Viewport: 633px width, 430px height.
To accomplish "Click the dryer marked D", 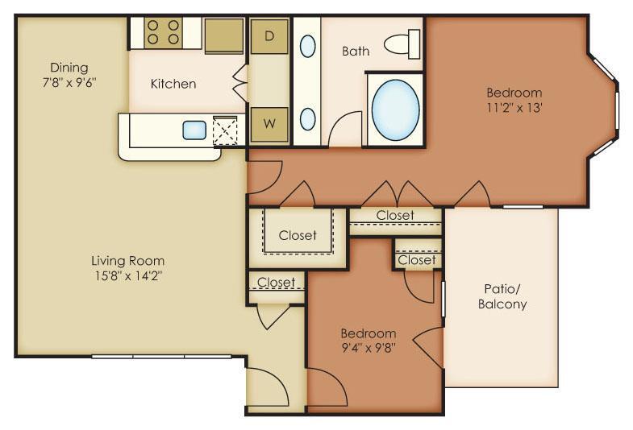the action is tap(269, 36).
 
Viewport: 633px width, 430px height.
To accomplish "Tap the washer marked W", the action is tap(269, 123).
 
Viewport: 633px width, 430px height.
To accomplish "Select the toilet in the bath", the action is tap(402, 44).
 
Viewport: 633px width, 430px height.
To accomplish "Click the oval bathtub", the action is tap(396, 110).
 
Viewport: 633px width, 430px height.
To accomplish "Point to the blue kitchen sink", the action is tap(194, 130).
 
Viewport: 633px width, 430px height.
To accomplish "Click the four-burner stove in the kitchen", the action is tap(163, 33).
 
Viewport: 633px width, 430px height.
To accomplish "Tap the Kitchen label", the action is tap(173, 84).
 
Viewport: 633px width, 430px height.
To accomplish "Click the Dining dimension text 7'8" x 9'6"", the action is tap(69, 83).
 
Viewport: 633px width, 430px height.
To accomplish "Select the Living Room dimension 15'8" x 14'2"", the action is tap(128, 276).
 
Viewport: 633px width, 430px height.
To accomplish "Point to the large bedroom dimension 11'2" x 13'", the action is tap(514, 108).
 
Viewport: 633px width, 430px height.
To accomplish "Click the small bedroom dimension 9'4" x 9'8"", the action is tap(369, 347).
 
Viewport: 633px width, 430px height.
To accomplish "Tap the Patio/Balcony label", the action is tap(502, 296).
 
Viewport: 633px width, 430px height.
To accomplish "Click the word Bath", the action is tap(356, 52).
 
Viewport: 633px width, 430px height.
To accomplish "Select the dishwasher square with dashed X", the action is tap(225, 130).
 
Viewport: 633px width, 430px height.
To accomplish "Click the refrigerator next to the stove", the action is tap(224, 35).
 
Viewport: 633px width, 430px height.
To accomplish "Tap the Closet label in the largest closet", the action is tap(298, 235).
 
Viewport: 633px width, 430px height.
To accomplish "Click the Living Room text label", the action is tap(128, 261).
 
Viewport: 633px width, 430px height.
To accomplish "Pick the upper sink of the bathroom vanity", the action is tap(307, 47).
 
